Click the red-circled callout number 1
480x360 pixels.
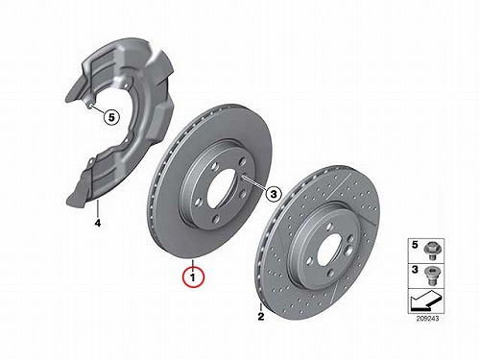tap(193, 277)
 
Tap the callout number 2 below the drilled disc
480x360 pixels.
tap(261, 317)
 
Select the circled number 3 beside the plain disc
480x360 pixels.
tap(274, 194)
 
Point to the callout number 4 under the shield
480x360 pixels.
tap(98, 223)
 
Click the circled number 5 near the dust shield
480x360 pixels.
tap(111, 117)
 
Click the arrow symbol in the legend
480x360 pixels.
tap(425, 300)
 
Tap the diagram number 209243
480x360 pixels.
tap(427, 319)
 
